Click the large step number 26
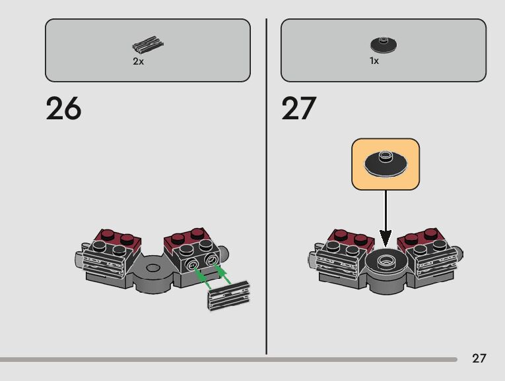63,109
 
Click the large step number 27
299,109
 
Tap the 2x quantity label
138,61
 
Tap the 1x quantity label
374,61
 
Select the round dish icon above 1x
384,45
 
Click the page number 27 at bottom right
479,359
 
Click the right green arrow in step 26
224,275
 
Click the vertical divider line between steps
266,185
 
